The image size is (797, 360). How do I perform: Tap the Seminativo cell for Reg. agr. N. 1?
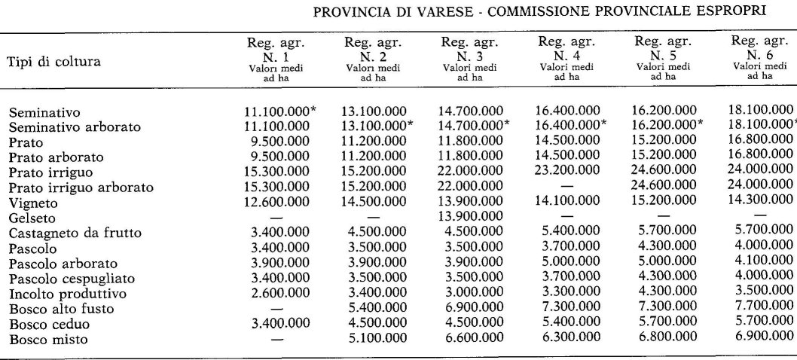(x=279, y=113)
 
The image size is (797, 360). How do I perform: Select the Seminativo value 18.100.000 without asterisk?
(x=760, y=113)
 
